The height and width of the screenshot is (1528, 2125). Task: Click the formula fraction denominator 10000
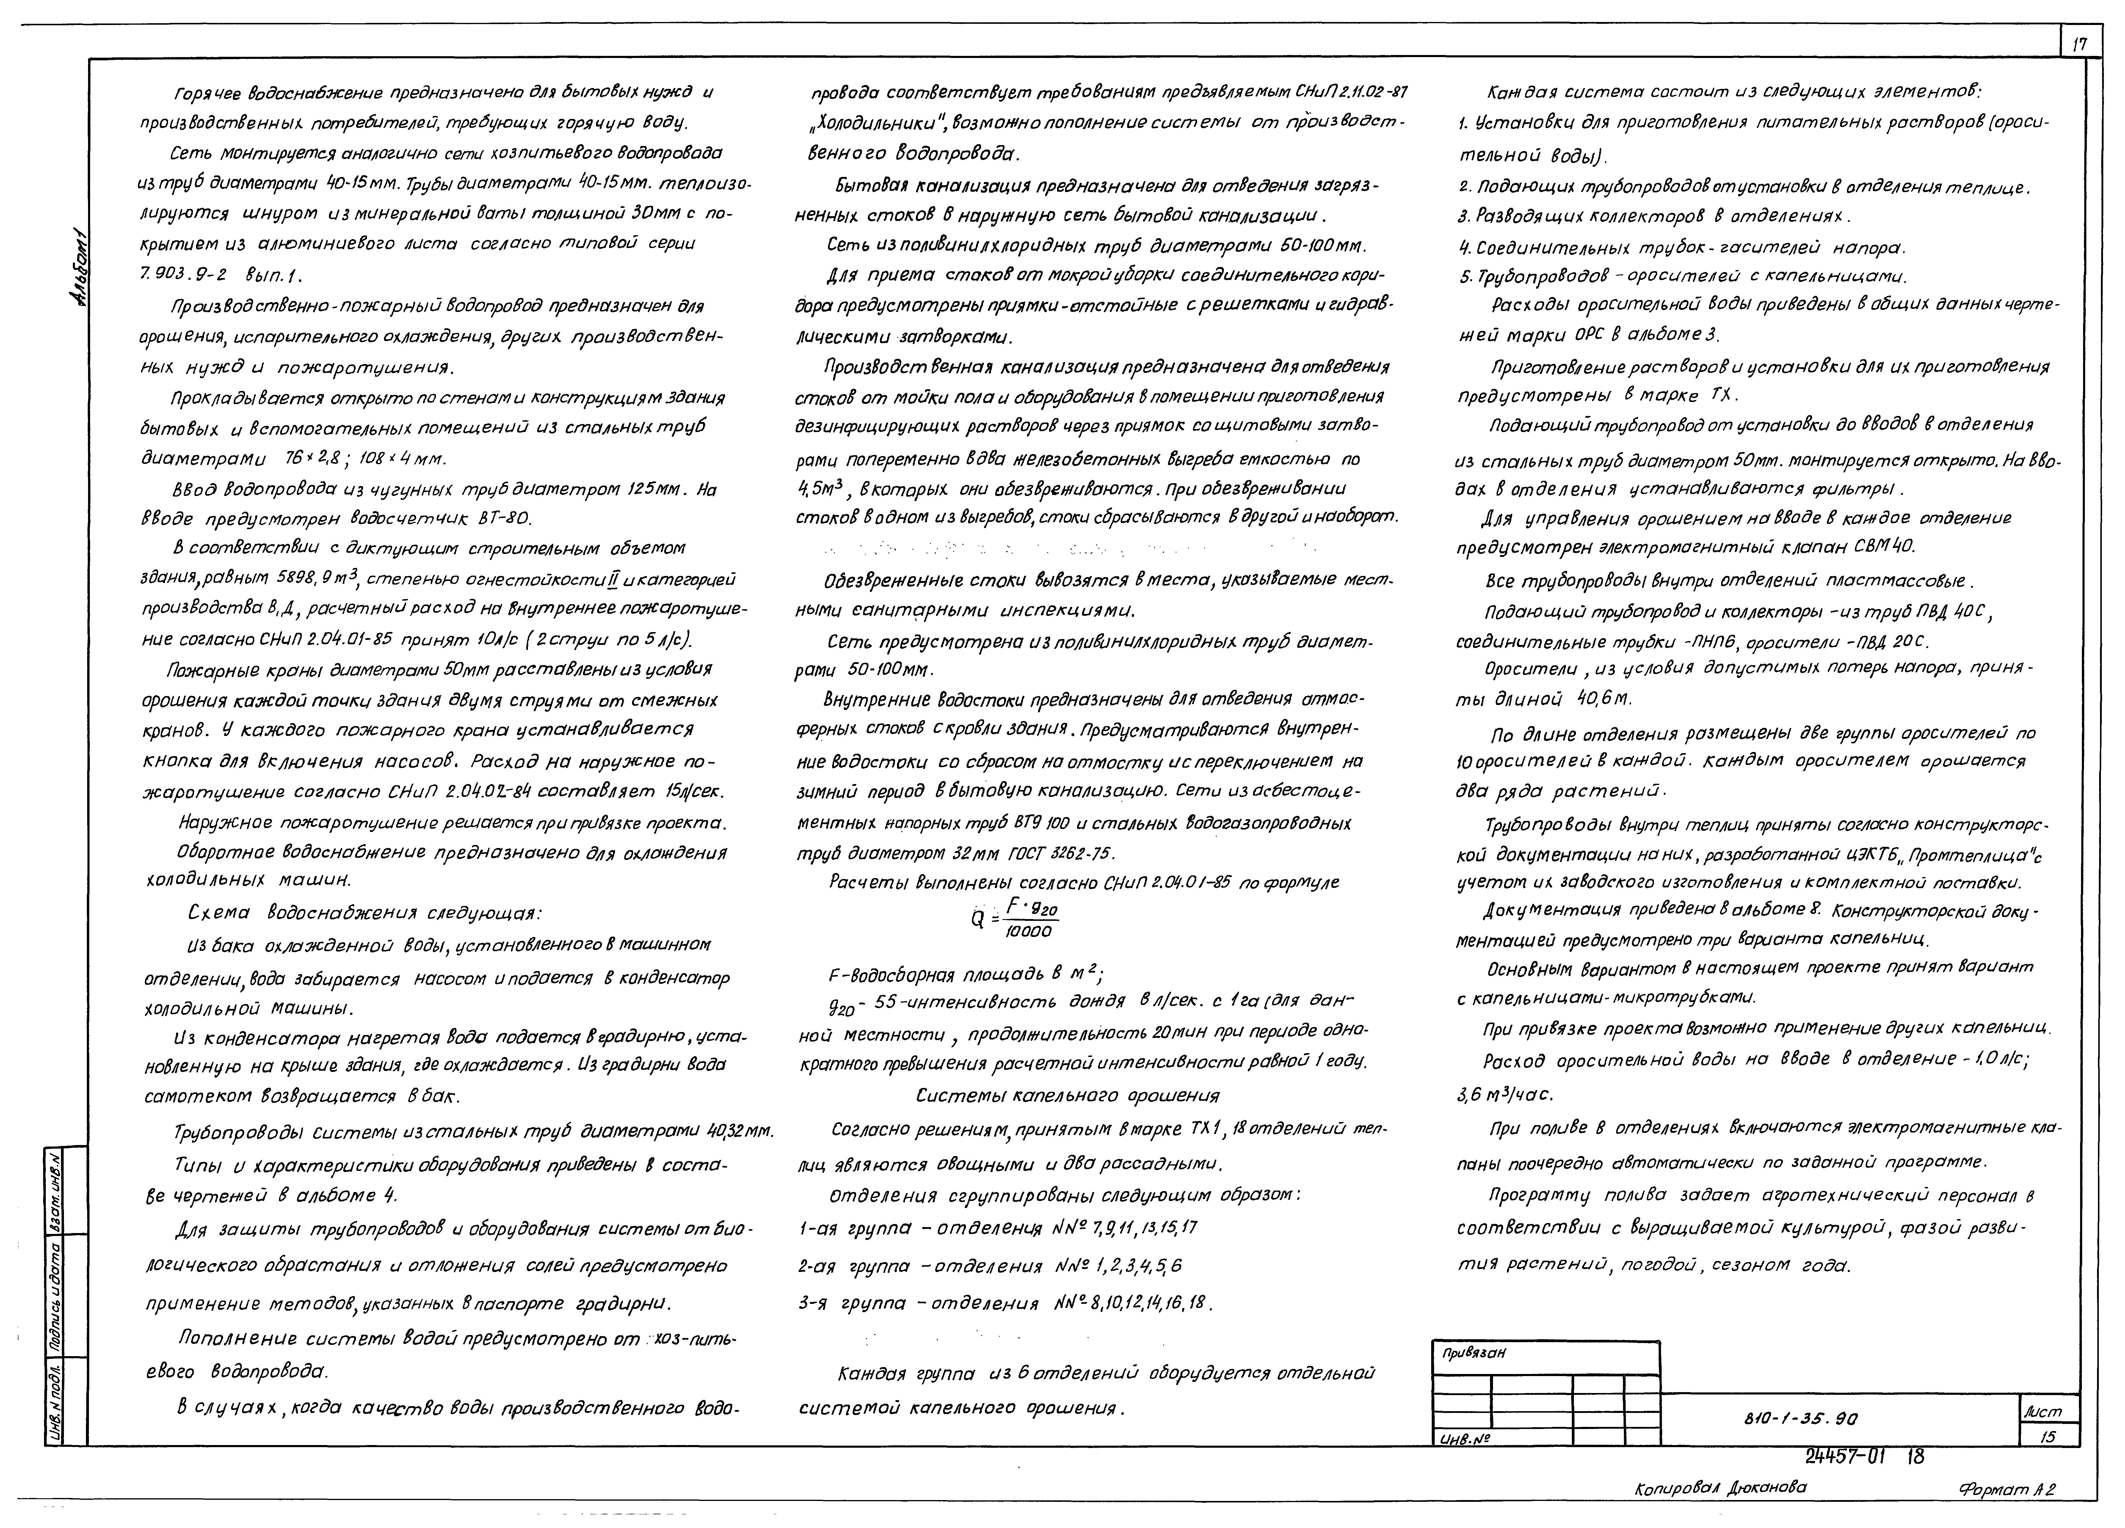[x=1028, y=931]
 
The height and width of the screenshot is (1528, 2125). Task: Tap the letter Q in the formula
[x=977, y=920]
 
